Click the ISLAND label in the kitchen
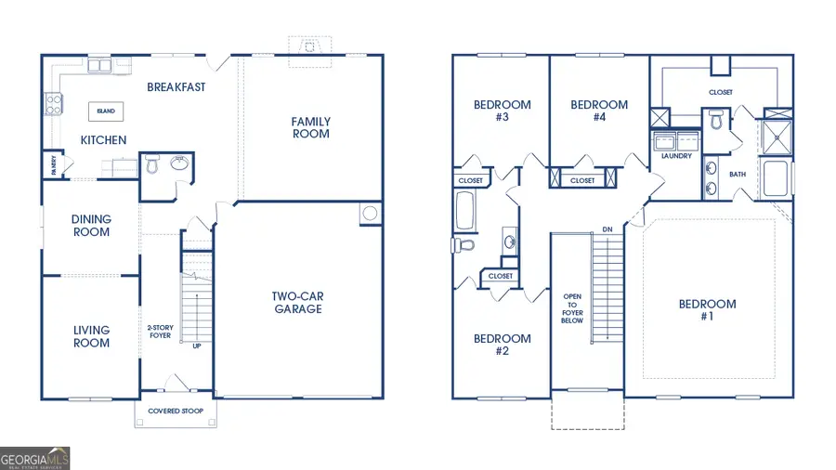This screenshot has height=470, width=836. click(106, 111)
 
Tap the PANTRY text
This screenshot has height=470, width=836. click(54, 165)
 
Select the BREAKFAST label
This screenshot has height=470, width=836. click(176, 87)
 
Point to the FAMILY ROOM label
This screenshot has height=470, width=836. click(310, 128)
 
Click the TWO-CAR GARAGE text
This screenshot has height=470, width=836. click(297, 303)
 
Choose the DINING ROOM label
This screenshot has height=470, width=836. click(91, 226)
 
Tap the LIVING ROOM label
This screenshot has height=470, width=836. click(91, 336)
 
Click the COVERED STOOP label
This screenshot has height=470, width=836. click(176, 410)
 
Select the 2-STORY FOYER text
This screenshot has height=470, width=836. click(160, 333)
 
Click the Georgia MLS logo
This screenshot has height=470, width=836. click(35, 458)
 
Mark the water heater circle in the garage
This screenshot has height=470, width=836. click(370, 214)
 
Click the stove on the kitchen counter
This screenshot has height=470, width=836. click(50, 105)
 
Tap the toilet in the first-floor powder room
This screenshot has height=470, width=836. click(152, 166)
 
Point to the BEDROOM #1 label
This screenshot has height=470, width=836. click(707, 310)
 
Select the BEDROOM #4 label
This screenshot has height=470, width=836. click(599, 111)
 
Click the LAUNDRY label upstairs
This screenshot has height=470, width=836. click(676, 156)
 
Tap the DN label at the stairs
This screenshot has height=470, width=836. click(607, 228)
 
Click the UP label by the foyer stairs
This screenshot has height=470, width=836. click(196, 346)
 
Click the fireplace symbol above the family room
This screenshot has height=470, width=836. click(307, 47)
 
